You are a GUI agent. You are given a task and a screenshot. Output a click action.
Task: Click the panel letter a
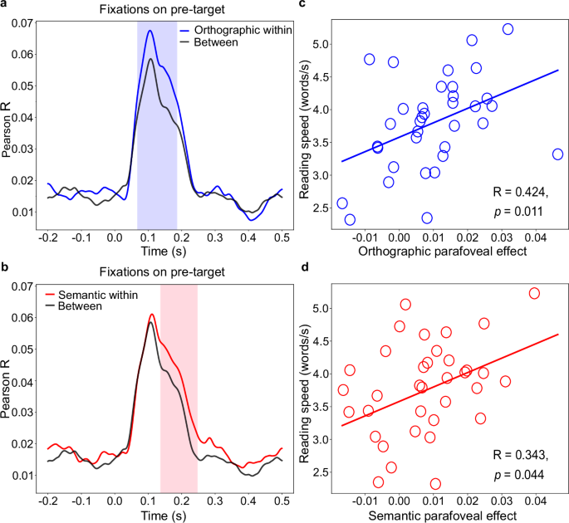click(5, 6)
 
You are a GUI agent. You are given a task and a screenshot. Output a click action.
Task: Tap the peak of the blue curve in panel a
click(150, 31)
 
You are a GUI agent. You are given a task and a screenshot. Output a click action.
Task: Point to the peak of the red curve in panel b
click(152, 315)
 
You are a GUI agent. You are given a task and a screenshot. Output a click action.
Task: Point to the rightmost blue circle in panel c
click(557, 154)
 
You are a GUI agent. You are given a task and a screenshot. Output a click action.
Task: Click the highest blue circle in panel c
click(508, 29)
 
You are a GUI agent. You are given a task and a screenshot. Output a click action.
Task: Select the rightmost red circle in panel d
click(534, 293)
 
